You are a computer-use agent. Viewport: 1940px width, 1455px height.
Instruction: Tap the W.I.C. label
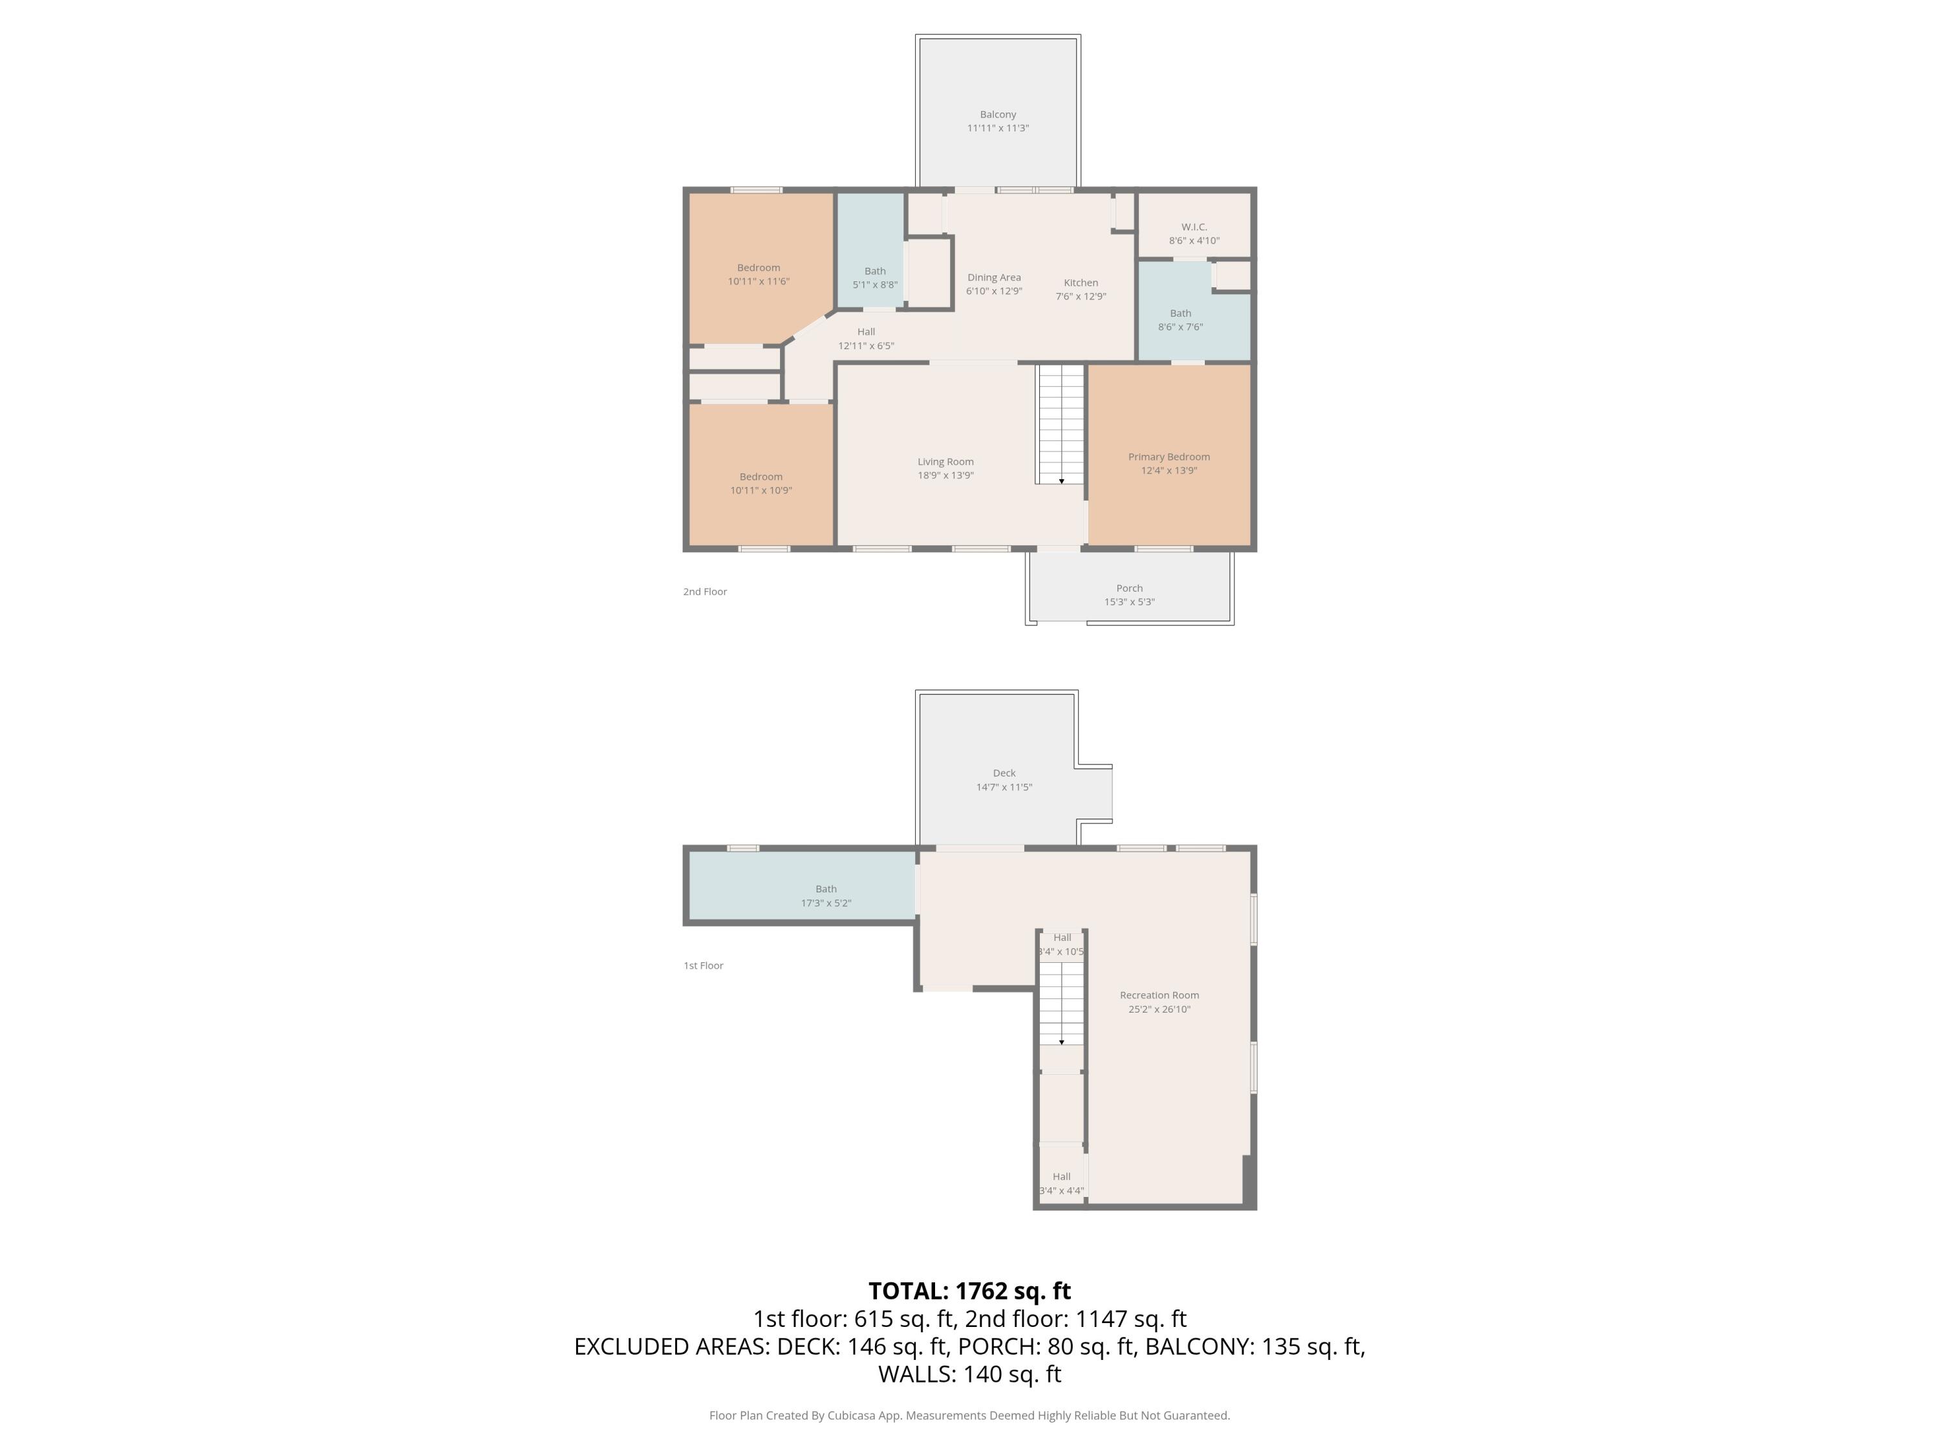(x=1194, y=227)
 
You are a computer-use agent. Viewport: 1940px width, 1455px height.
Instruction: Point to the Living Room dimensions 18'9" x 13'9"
(x=945, y=475)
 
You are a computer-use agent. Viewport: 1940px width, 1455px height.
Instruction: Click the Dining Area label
(x=994, y=278)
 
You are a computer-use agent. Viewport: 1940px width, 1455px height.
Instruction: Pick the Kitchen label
(x=1081, y=283)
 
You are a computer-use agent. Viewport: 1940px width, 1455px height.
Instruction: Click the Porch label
(x=1128, y=588)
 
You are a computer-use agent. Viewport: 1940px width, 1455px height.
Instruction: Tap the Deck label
(x=1004, y=773)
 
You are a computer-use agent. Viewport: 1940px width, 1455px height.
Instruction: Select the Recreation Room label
(x=1159, y=995)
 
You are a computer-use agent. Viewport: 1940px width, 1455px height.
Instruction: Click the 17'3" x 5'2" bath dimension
(x=825, y=903)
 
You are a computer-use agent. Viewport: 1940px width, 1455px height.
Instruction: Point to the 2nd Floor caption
(x=704, y=592)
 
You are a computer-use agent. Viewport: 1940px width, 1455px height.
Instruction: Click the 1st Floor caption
(x=702, y=965)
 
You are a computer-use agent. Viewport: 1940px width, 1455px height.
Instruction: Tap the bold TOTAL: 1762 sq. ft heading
(x=969, y=1291)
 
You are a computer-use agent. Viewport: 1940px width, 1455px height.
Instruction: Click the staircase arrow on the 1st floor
(x=1061, y=1042)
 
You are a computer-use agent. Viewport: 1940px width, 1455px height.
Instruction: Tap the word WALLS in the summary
(x=916, y=1374)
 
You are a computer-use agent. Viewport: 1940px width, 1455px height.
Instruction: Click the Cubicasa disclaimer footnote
(x=969, y=1416)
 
